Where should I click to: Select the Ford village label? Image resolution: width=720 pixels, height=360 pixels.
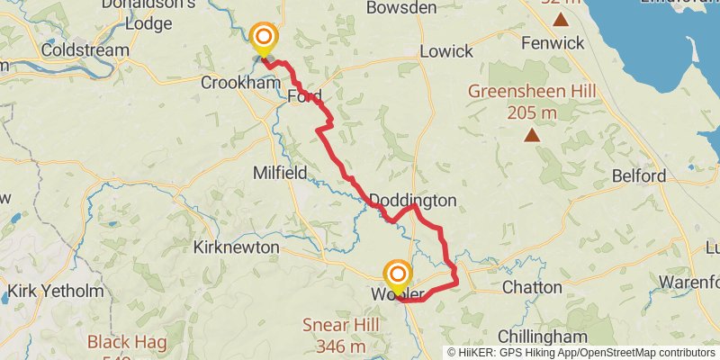[304, 95]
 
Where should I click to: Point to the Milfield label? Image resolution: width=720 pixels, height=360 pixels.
[280, 172]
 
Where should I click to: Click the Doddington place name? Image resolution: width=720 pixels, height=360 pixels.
[413, 200]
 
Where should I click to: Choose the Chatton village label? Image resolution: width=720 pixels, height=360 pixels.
[531, 288]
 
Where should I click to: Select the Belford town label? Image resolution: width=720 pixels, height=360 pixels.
[638, 175]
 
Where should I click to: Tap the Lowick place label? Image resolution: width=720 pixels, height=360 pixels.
[445, 50]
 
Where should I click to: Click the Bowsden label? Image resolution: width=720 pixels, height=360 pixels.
[402, 7]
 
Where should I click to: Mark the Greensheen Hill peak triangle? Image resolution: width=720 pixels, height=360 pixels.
[532, 136]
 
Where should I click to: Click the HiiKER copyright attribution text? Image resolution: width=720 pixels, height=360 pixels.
[581, 352]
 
